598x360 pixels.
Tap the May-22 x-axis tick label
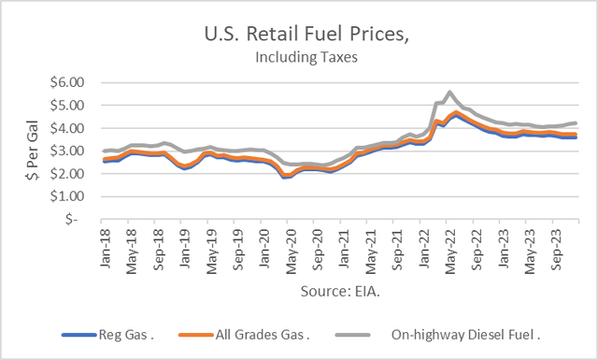coord(439,245)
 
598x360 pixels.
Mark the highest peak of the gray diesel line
coord(450,93)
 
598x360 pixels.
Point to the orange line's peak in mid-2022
coord(454,113)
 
